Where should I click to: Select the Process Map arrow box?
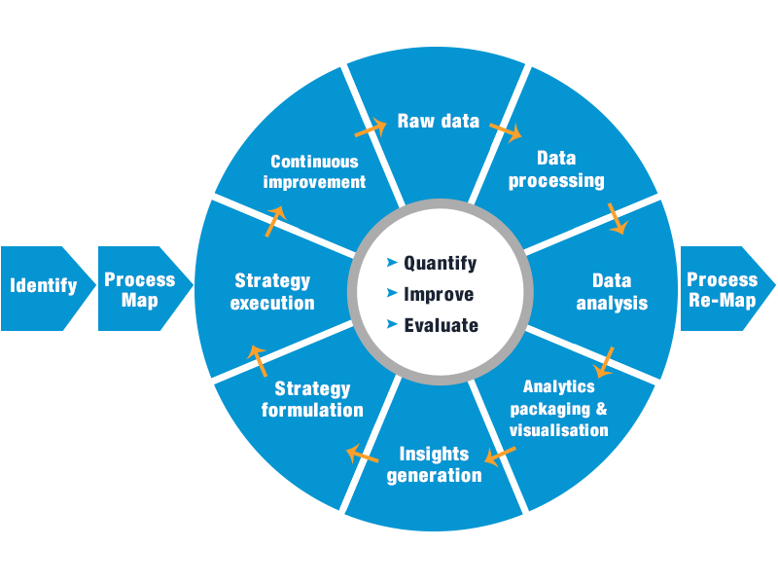[140, 289]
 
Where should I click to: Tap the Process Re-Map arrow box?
[722, 289]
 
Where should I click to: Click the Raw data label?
[438, 122]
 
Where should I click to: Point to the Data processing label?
[556, 169]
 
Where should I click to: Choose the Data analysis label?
[611, 291]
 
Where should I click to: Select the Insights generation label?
[434, 465]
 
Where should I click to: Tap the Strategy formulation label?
[312, 399]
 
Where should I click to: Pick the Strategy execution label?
[273, 292]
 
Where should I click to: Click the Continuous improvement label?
[314, 171]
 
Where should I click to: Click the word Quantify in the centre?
[441, 263]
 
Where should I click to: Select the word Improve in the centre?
[439, 294]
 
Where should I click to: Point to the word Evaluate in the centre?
[442, 325]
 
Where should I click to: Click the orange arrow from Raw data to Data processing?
[506, 128]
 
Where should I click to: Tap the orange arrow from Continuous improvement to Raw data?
[370, 128]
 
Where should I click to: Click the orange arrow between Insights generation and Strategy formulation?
[363, 453]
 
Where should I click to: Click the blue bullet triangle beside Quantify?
[392, 263]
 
